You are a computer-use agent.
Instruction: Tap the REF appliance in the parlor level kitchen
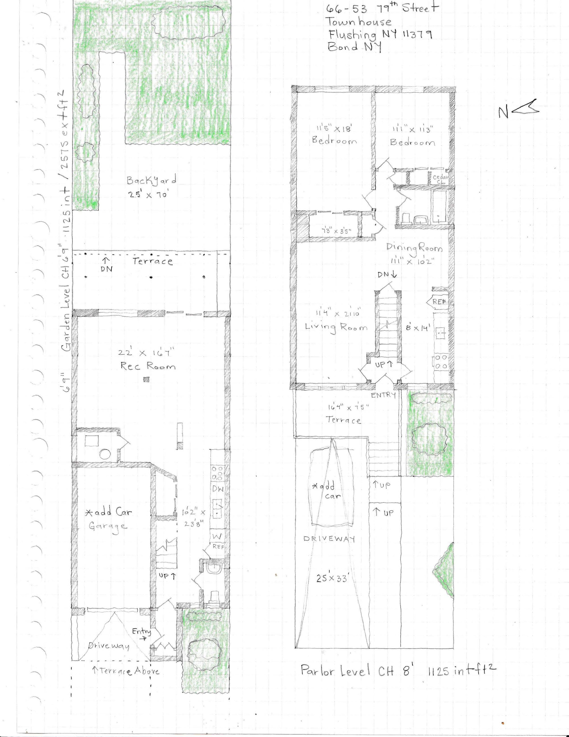[x=439, y=302]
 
